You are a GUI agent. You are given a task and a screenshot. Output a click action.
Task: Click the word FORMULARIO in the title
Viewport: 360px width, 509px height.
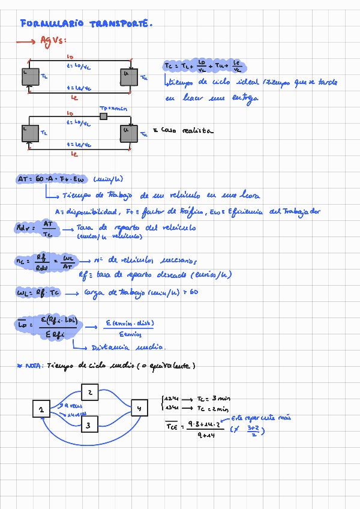(53, 24)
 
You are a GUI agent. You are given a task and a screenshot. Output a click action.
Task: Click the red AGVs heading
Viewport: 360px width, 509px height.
(49, 41)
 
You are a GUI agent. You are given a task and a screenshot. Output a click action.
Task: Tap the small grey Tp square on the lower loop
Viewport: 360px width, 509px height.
(103, 116)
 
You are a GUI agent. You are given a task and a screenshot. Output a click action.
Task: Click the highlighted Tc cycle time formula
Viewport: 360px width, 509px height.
(204, 65)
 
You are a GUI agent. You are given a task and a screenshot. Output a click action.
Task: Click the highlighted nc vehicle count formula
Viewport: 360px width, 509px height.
(46, 262)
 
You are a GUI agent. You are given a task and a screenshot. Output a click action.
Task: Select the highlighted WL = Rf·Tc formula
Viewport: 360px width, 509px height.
(37, 293)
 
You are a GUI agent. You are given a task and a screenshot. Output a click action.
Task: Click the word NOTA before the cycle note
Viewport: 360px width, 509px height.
(33, 366)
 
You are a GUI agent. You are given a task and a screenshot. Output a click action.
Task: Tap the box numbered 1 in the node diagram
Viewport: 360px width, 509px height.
(41, 409)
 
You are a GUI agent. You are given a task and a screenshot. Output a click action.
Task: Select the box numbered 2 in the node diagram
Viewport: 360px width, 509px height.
(89, 393)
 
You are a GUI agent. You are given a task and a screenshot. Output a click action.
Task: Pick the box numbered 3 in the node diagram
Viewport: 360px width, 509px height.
(89, 425)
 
